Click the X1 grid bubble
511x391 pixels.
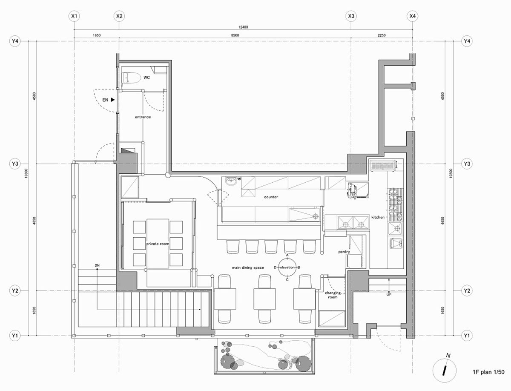[x=74, y=16]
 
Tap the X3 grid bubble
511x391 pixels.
[x=351, y=16]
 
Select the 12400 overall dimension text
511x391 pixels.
[x=243, y=27]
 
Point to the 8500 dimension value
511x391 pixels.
[x=235, y=35]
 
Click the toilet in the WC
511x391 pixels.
[x=131, y=78]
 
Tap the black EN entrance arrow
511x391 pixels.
[x=113, y=100]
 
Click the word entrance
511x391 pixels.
[x=143, y=117]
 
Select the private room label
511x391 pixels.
[x=158, y=244]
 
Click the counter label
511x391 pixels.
[x=271, y=197]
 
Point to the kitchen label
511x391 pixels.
[x=378, y=217]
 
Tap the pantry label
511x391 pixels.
[x=344, y=252]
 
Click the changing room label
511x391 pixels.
[x=333, y=295]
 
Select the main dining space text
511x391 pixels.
[x=248, y=267]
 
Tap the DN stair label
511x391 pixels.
[x=97, y=265]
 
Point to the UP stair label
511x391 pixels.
[x=389, y=294]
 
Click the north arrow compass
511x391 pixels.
[x=445, y=371]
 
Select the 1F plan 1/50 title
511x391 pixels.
[x=488, y=372]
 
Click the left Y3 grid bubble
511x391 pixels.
[x=15, y=164]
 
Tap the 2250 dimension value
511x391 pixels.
[x=382, y=35]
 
